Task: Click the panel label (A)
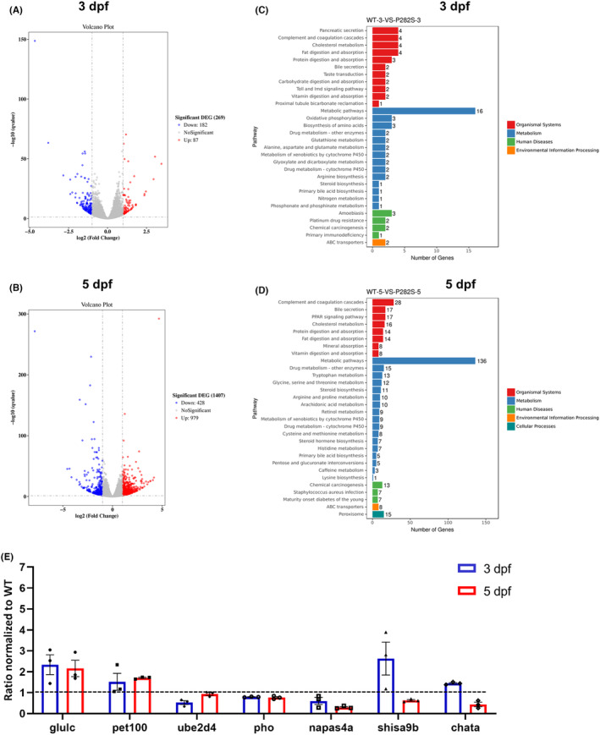(15, 8)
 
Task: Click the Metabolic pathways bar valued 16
(423, 110)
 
